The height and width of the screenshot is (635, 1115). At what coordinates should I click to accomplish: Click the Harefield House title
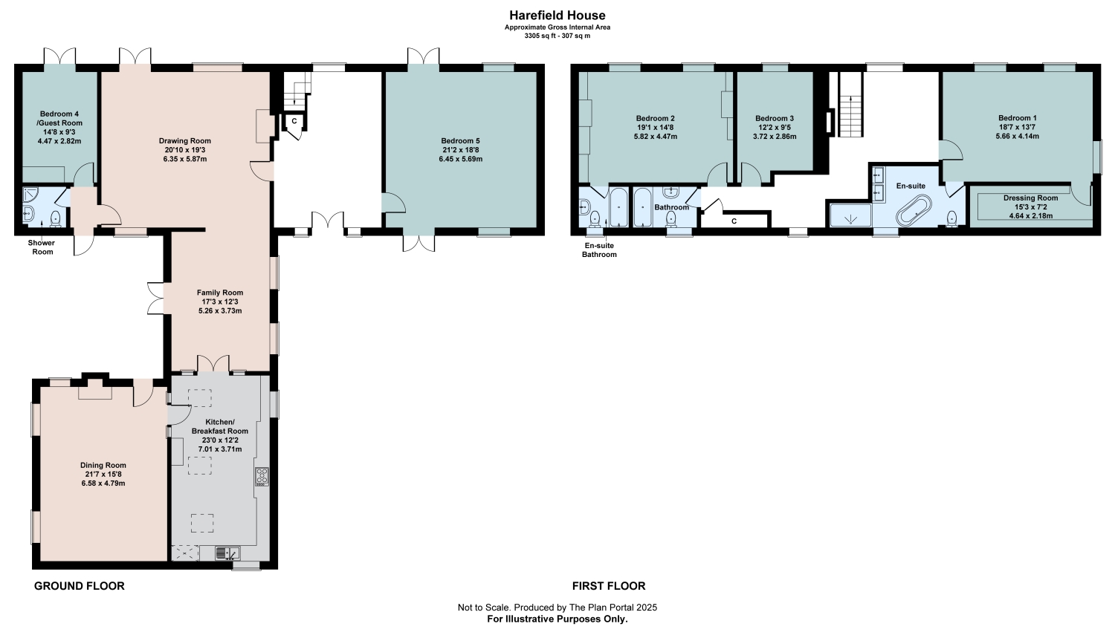pos(557,16)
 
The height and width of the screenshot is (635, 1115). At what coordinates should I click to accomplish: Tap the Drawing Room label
pos(184,140)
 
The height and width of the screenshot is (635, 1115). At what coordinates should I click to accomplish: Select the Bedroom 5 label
pos(460,140)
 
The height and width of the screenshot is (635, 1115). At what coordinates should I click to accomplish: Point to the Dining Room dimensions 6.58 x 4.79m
pos(103,483)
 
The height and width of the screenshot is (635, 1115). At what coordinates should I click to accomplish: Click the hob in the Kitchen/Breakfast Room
pos(262,476)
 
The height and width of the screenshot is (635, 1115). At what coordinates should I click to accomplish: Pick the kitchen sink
pos(227,553)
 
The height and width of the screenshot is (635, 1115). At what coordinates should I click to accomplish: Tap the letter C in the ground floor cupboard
pos(294,121)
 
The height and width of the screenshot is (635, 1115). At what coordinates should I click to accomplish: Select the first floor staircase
pos(850,104)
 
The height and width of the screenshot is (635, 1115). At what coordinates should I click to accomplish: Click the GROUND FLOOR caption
pos(79,586)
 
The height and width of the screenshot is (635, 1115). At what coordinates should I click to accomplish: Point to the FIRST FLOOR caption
pos(609,586)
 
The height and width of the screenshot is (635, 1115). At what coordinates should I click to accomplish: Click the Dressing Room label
pos(1030,198)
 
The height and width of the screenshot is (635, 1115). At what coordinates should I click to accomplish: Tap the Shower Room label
pos(42,247)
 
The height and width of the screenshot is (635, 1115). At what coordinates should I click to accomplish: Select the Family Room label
pos(219,293)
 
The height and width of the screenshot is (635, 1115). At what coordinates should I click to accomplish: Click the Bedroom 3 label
pos(775,118)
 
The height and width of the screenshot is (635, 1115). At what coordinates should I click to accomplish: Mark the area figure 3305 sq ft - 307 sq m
pos(557,36)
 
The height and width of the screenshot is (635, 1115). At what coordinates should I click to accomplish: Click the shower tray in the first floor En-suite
pos(850,215)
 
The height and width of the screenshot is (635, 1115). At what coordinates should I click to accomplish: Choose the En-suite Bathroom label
pos(599,250)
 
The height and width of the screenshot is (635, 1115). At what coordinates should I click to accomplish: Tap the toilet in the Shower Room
pos(56,219)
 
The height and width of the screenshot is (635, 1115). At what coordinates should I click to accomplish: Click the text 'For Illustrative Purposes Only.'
pos(557,619)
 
